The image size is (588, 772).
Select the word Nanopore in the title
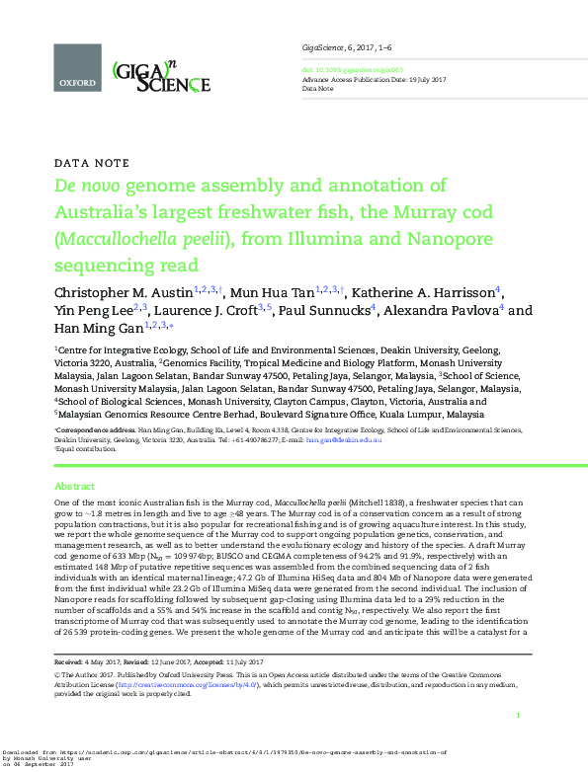(432, 238)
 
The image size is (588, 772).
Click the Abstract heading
(74, 487)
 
